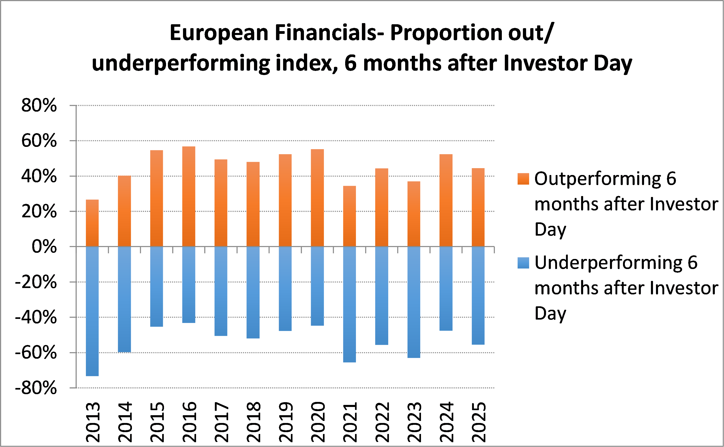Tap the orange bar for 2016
coord(189,196)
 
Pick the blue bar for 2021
coord(349,304)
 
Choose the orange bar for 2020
coord(317,198)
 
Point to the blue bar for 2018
coord(253,292)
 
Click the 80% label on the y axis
coord(39,105)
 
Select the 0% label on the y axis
coord(44,247)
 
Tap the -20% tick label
coord(36,282)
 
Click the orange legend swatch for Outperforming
coord(523,179)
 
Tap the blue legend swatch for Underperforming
coord(523,263)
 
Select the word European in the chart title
coord(219,33)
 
